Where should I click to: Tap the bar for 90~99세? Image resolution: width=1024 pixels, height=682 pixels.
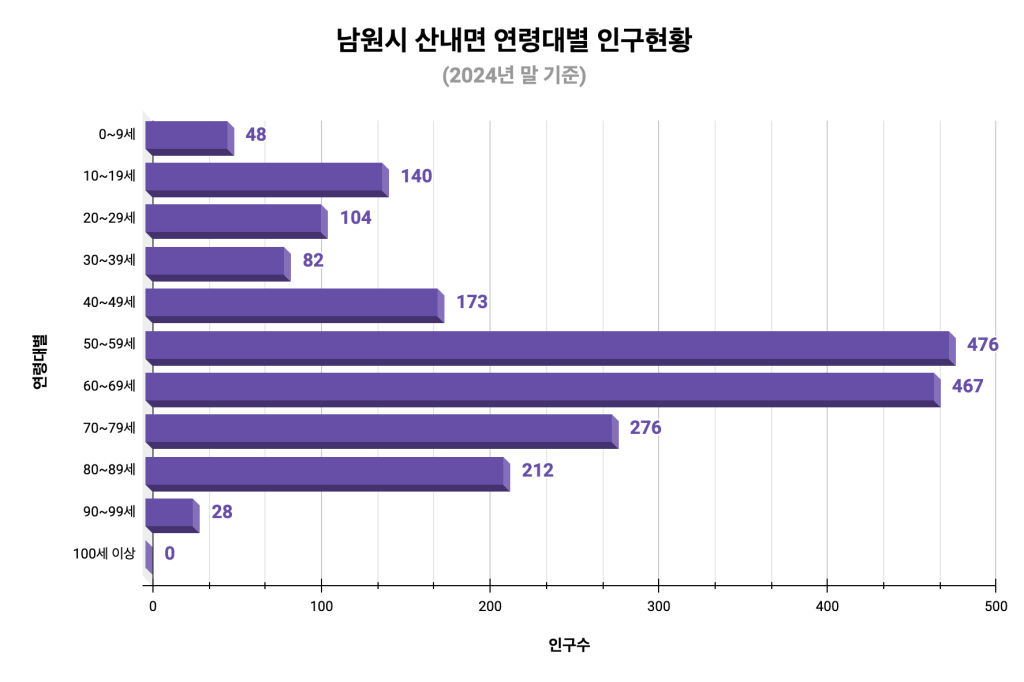tap(171, 515)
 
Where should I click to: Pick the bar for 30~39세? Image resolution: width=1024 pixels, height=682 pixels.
tap(216, 263)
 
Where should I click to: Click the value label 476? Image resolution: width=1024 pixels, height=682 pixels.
tap(982, 345)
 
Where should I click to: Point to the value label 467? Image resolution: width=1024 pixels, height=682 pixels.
tap(967, 387)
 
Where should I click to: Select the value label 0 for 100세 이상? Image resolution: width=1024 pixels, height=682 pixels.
tap(169, 554)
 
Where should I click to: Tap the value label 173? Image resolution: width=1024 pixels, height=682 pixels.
tap(471, 302)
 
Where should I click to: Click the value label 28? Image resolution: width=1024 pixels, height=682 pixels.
tap(222, 512)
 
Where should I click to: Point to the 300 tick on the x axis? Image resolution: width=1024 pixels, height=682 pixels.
tap(658, 606)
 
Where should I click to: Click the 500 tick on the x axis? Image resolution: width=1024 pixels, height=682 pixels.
tap(995, 606)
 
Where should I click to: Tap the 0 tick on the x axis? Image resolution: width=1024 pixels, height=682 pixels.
tap(152, 606)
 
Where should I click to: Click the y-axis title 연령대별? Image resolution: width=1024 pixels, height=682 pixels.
tap(40, 361)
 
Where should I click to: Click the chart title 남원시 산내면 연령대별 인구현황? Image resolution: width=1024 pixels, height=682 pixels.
tap(513, 42)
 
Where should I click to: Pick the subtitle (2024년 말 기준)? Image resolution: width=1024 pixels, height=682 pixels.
tap(513, 76)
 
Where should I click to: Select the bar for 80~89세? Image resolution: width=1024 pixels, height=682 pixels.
tap(326, 473)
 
